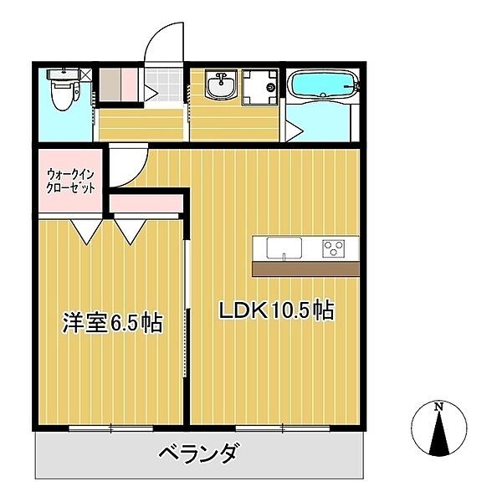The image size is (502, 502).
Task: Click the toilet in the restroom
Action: [x=61, y=92]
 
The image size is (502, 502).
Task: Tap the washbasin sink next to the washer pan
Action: [x=223, y=85]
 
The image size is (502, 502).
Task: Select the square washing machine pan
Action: [x=261, y=87]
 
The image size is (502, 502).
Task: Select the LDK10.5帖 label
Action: [x=276, y=311]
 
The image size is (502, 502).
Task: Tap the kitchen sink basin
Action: [x=284, y=248]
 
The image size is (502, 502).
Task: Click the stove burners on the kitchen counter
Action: [x=335, y=248]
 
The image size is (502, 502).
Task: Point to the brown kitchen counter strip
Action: [x=305, y=269]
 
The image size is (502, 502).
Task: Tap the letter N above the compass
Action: [x=438, y=407]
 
